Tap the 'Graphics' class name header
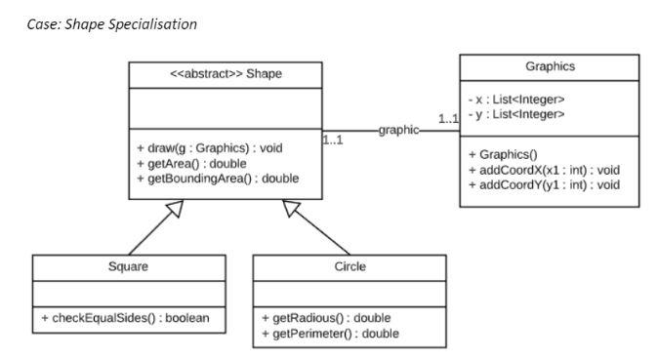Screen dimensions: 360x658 coord(550,66)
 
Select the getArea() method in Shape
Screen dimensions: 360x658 coord(191,163)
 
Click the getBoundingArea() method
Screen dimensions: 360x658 coord(217,178)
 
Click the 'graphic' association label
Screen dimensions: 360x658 coord(398,129)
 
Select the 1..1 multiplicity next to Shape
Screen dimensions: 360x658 coord(334,140)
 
